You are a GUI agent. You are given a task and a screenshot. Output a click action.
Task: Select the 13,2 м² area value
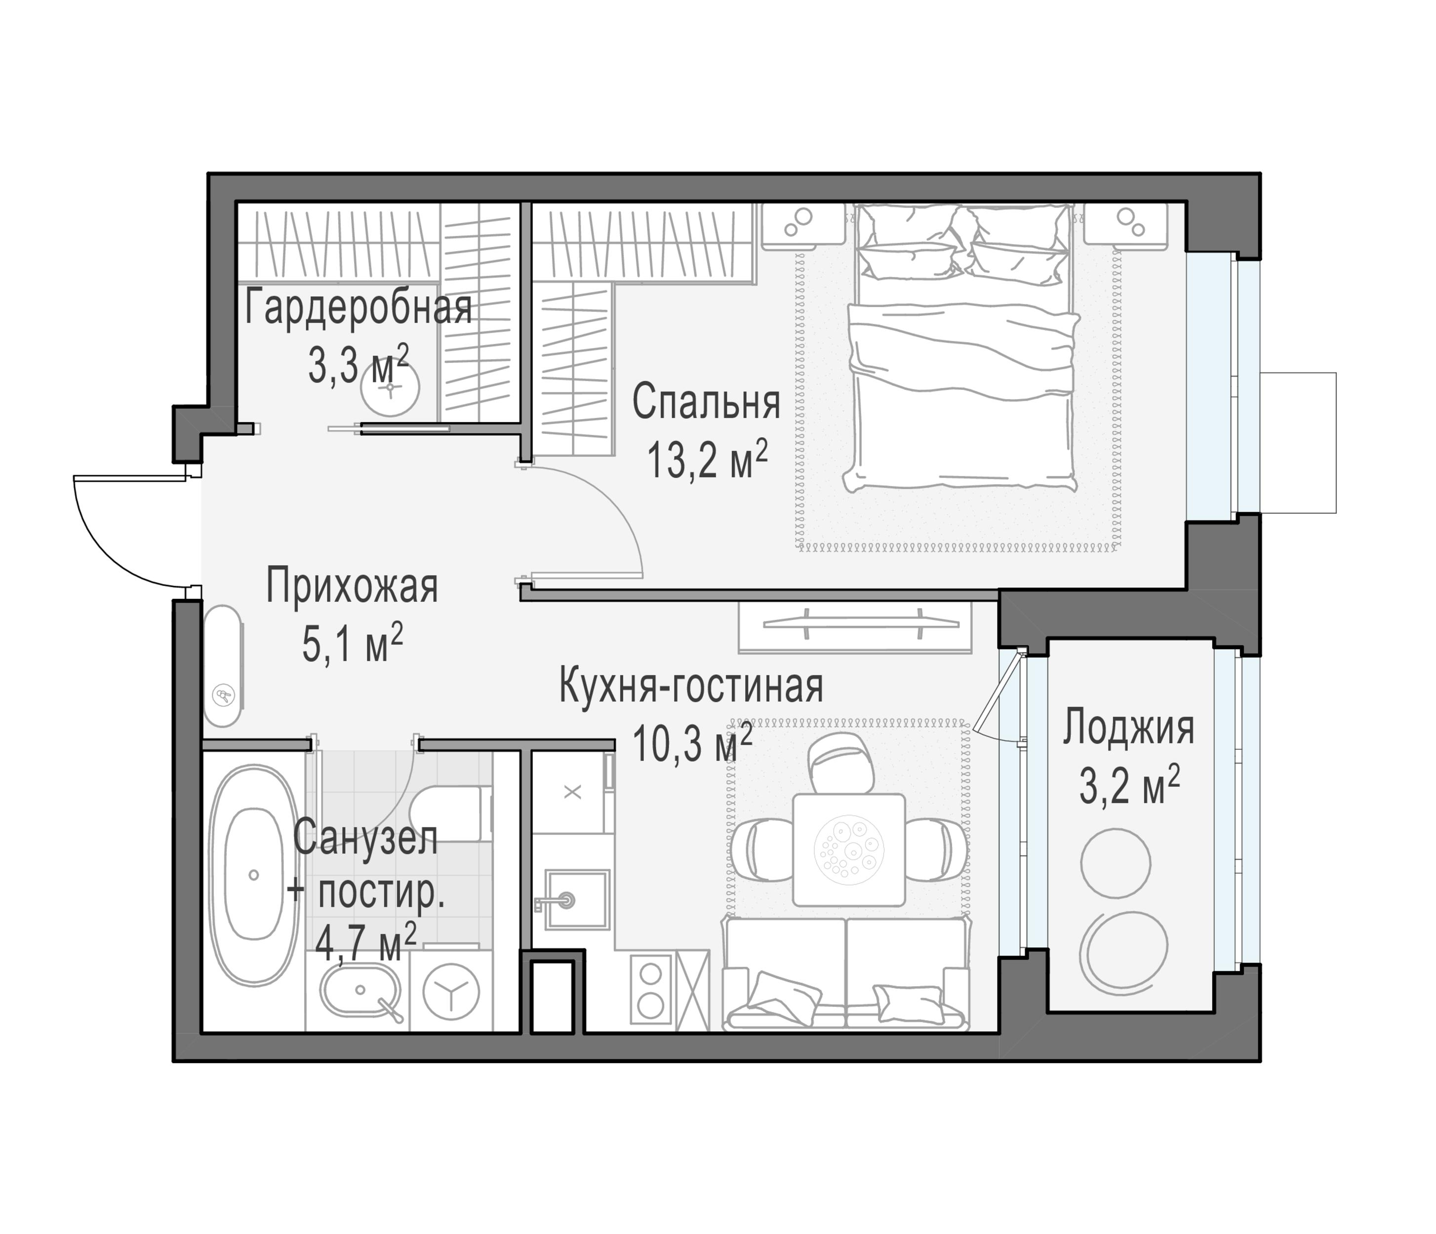point(707,460)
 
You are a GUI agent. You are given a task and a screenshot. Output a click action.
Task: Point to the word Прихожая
point(352,587)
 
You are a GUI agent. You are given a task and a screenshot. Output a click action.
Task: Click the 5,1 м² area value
point(352,644)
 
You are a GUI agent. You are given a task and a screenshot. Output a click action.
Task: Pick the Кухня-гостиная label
point(691,686)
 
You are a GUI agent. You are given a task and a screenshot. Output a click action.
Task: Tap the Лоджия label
point(1129,728)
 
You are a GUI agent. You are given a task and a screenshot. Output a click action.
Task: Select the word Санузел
point(365,838)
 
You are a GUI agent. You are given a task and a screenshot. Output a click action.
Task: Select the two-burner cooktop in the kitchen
point(651,989)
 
